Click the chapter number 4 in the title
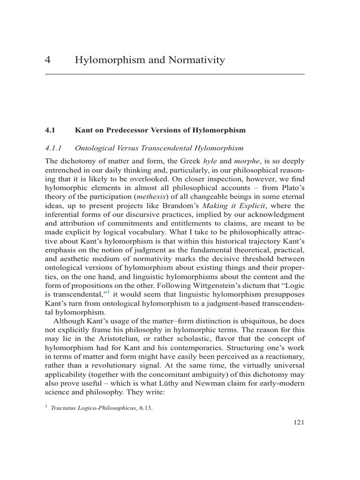pyautogui.click(x=48, y=60)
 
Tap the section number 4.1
pyautogui.click(x=51, y=129)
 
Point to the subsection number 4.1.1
pyautogui.click(x=54, y=148)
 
